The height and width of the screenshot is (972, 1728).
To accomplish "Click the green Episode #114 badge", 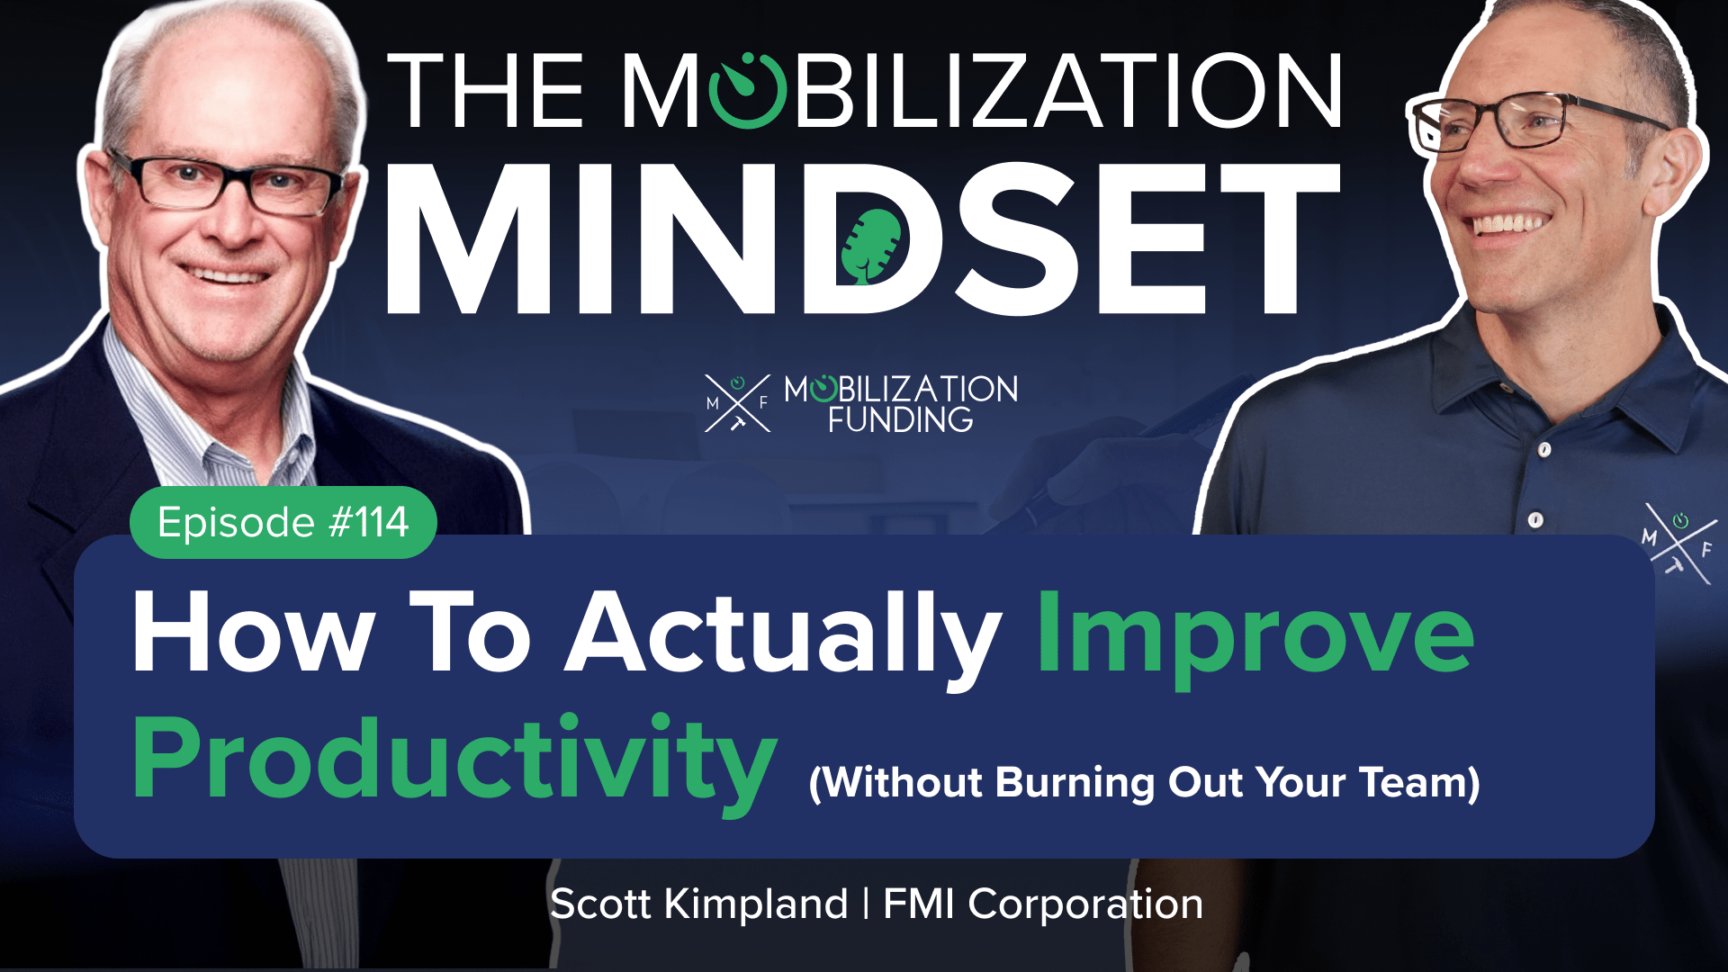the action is click(283, 522).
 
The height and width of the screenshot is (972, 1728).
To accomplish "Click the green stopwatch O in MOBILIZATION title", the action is click(747, 90).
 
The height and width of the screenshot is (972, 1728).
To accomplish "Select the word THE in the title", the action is click(486, 91).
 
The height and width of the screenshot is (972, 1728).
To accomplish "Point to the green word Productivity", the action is click(454, 761).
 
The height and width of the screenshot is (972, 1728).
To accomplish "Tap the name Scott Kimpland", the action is click(699, 904).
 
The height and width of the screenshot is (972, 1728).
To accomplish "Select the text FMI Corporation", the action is click(1043, 904).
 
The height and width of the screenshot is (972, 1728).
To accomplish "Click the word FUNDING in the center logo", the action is click(900, 419).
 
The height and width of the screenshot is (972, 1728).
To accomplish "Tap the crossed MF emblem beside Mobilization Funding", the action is click(738, 403).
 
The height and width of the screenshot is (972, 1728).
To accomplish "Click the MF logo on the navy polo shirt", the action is click(1679, 542).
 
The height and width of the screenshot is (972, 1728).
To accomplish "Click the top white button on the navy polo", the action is click(1544, 448).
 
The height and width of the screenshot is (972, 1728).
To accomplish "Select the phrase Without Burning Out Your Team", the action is click(1145, 782).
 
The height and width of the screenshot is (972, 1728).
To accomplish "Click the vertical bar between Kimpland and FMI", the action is click(866, 904).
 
